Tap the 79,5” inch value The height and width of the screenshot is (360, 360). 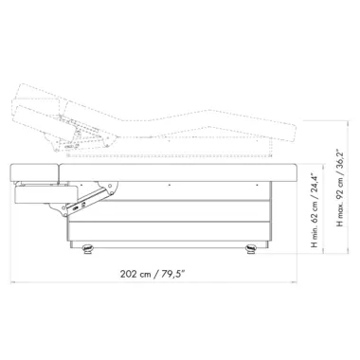(x=173, y=274)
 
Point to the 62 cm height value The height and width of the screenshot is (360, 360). (x=314, y=211)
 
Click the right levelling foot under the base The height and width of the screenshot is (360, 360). (x=251, y=249)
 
